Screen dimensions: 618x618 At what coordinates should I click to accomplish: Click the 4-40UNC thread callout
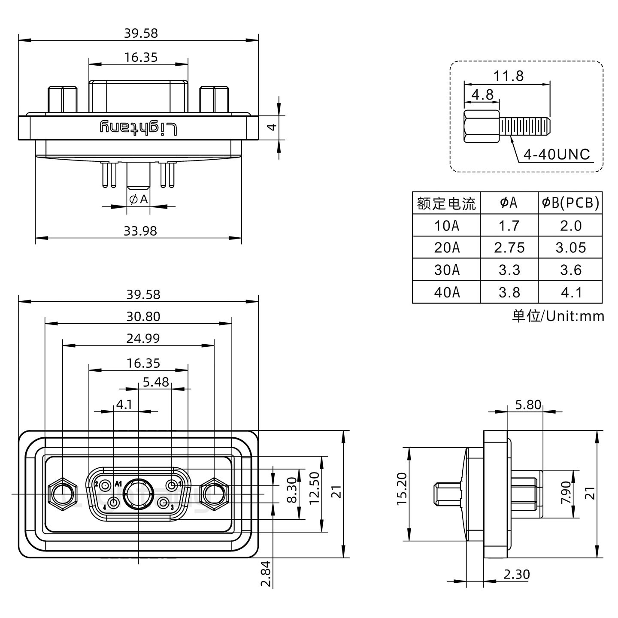pos(557,154)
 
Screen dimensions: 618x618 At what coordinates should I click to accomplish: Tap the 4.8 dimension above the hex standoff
pos(482,94)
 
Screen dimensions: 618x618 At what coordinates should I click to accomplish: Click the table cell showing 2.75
pos(509,248)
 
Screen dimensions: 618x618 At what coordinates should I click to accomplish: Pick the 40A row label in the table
pos(447,292)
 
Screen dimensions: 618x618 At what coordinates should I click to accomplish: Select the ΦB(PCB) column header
pos(570,203)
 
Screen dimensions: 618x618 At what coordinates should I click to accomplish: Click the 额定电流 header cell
pos(446,203)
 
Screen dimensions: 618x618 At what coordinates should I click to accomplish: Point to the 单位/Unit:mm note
pos(558,316)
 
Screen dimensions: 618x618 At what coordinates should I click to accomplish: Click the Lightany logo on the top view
pos(139,128)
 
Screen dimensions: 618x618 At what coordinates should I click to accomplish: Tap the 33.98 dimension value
pos(140,231)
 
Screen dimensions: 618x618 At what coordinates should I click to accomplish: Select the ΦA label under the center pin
pos(138,199)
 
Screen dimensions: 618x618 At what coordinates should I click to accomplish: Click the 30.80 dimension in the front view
pos(143,316)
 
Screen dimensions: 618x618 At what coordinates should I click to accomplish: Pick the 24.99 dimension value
pos(143,339)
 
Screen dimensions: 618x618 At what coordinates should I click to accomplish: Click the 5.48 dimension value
pos(156,382)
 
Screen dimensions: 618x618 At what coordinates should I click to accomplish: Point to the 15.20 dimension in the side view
pos(402,494)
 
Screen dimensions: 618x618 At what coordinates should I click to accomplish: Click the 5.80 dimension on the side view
pos(528,405)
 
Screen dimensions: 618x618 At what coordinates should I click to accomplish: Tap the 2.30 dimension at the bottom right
pos(517,574)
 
